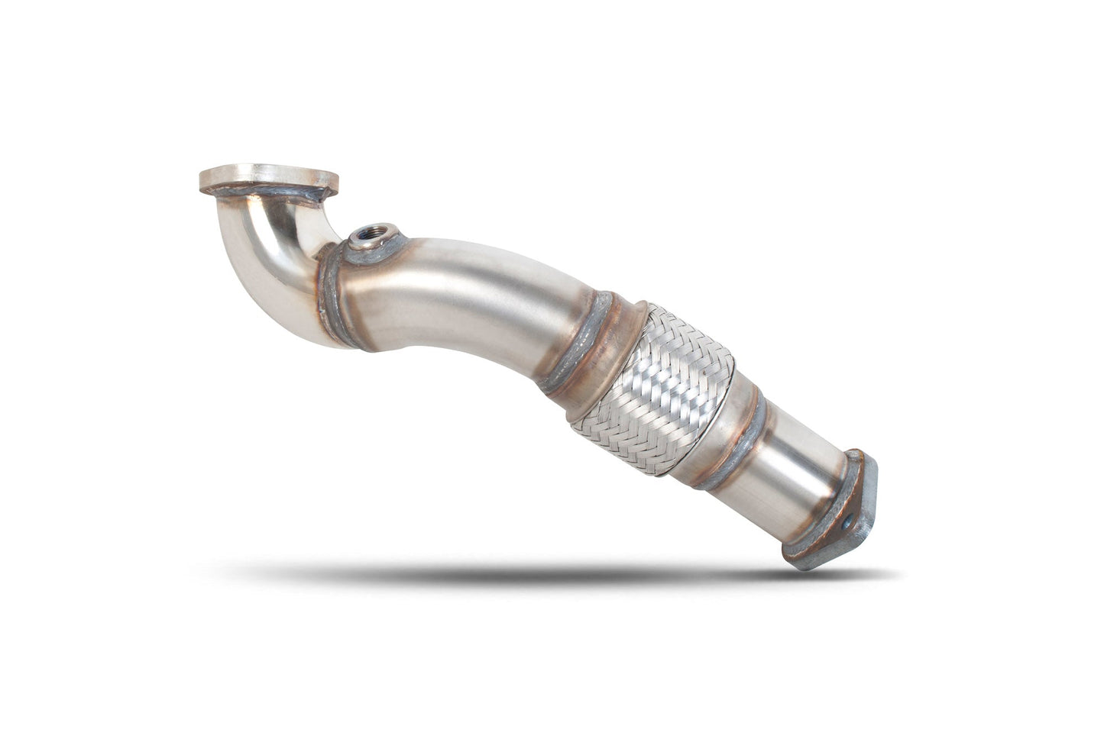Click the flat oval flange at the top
267,176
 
